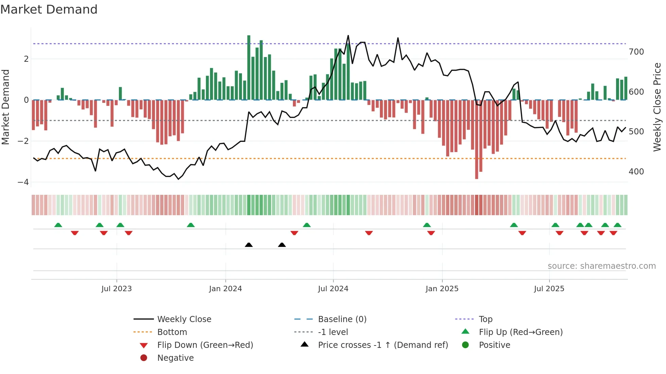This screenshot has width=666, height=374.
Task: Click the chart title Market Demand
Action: (x=49, y=10)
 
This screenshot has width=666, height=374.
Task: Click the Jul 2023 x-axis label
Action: (x=117, y=289)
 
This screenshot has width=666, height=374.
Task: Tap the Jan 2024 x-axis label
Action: (x=225, y=289)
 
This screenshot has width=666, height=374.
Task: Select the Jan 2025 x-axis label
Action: (x=442, y=289)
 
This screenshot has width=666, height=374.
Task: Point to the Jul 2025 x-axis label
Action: (x=549, y=289)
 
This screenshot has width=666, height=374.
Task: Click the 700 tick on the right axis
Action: (x=636, y=52)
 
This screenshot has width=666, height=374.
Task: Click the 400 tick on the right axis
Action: (x=636, y=172)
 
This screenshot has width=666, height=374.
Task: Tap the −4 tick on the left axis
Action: (x=23, y=182)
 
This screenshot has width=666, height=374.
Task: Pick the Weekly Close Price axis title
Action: (x=657, y=107)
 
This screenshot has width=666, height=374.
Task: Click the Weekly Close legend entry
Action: (x=184, y=319)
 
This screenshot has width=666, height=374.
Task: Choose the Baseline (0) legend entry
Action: (x=342, y=319)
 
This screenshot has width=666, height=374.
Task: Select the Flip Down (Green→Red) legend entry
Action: (x=205, y=345)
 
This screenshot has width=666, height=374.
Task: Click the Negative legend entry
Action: (x=175, y=358)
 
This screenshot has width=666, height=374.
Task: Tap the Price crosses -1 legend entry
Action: (x=383, y=345)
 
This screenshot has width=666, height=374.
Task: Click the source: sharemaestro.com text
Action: (x=601, y=266)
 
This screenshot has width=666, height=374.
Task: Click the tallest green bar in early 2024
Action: (x=249, y=68)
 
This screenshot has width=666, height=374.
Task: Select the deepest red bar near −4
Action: (x=476, y=139)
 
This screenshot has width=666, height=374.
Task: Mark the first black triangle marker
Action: (x=249, y=245)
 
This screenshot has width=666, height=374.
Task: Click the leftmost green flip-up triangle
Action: (x=58, y=225)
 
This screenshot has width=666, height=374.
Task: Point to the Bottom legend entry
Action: (x=172, y=332)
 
